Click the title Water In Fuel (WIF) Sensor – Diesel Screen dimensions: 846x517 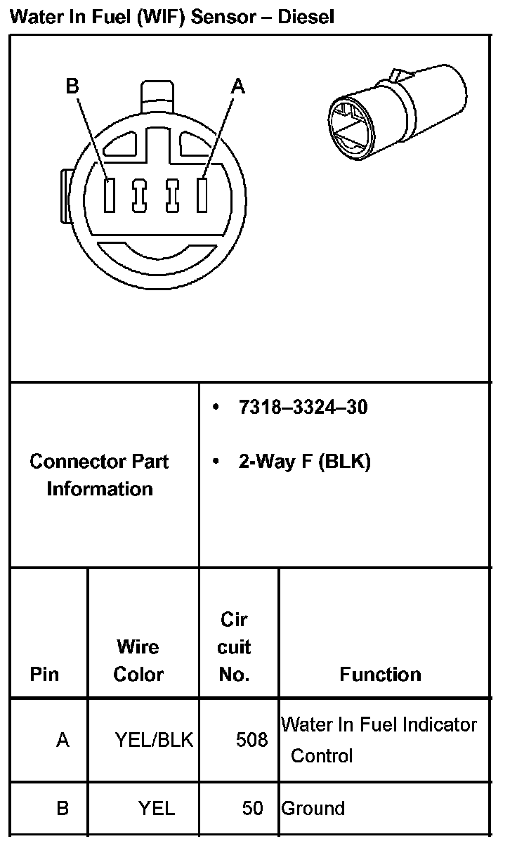coord(171,16)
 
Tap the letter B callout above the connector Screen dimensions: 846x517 coord(72,86)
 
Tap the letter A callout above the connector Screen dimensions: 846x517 coord(238,86)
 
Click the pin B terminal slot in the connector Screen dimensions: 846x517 coord(109,195)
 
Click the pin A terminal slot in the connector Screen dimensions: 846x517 coord(202,195)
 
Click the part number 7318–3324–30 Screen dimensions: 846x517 coord(303,408)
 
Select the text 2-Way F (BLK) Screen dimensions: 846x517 coord(304,462)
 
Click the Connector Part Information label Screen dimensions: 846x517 coord(99,475)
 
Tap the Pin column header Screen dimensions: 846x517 coord(44,675)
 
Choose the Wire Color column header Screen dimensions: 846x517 coord(138,660)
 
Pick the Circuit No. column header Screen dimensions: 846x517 coord(235,647)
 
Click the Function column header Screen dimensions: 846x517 coord(380,675)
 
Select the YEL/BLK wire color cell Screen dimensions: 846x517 coord(154,740)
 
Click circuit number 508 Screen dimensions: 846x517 coord(252,740)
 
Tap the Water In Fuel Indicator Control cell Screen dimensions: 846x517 coord(379,739)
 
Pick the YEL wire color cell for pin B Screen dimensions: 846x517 coord(156,808)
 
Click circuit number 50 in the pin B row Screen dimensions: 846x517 coord(252,808)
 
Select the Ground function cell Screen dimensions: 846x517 coord(313,808)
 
